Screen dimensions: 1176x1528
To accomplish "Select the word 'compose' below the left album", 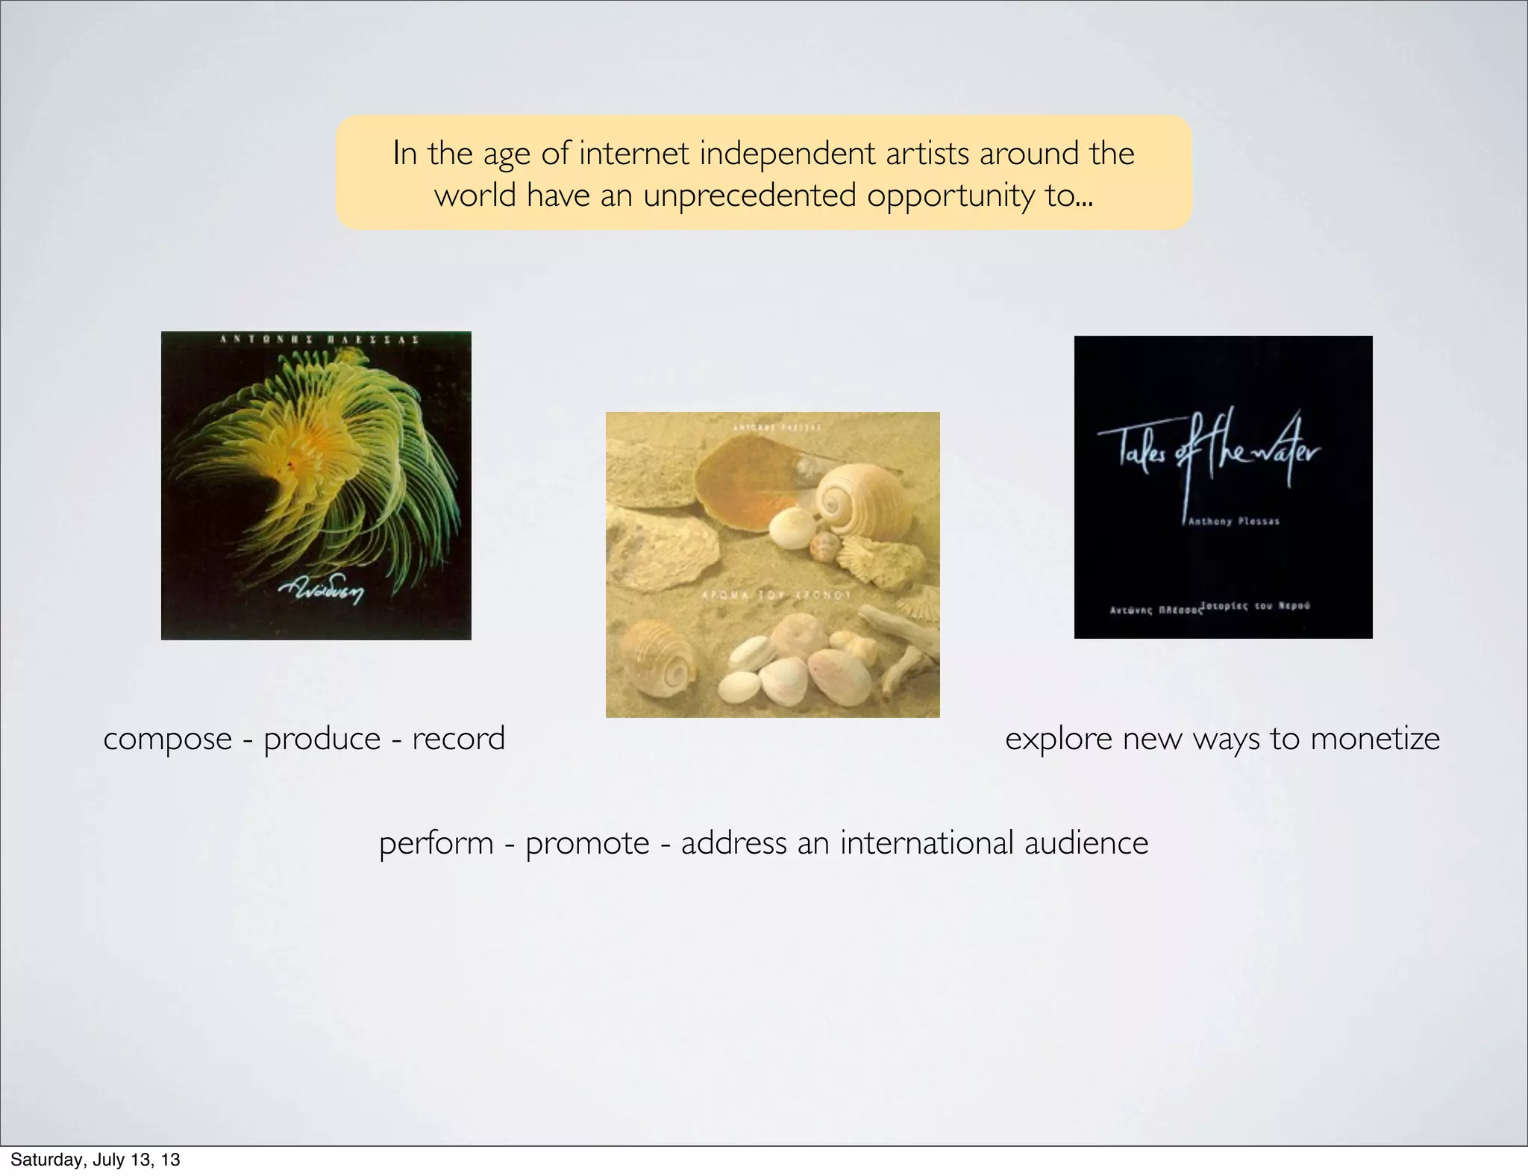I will [168, 739].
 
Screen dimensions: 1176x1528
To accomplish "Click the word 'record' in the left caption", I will [458, 739].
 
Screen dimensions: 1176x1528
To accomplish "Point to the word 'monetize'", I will [1375, 739].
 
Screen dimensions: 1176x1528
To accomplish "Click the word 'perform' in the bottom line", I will [436, 844].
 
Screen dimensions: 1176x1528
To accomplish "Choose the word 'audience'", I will [1086, 844].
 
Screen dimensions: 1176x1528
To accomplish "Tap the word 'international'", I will [927, 844].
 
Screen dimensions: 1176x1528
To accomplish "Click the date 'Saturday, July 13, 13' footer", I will [95, 1160].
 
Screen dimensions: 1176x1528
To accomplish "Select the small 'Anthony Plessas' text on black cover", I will [1233, 522].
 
